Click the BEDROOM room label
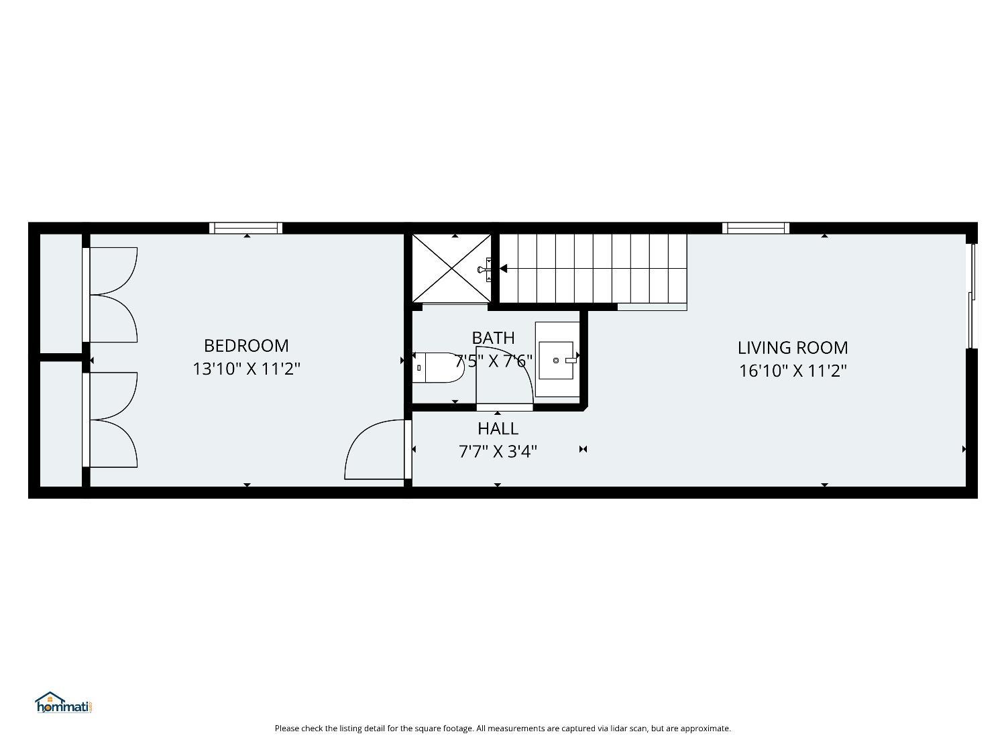click(x=246, y=346)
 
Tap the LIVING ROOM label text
click(x=793, y=348)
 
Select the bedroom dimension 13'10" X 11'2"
click(x=246, y=369)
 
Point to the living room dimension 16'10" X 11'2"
click(x=793, y=371)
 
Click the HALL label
click(x=498, y=428)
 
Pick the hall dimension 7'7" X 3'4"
click(x=498, y=452)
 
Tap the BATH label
click(x=493, y=338)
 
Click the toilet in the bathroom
click(x=438, y=367)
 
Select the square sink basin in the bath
click(x=556, y=361)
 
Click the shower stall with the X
click(x=451, y=268)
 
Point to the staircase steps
click(x=593, y=268)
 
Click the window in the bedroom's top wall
click(x=245, y=227)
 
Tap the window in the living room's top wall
click(x=756, y=227)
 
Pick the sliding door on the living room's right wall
click(x=971, y=296)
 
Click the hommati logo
click(x=64, y=702)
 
